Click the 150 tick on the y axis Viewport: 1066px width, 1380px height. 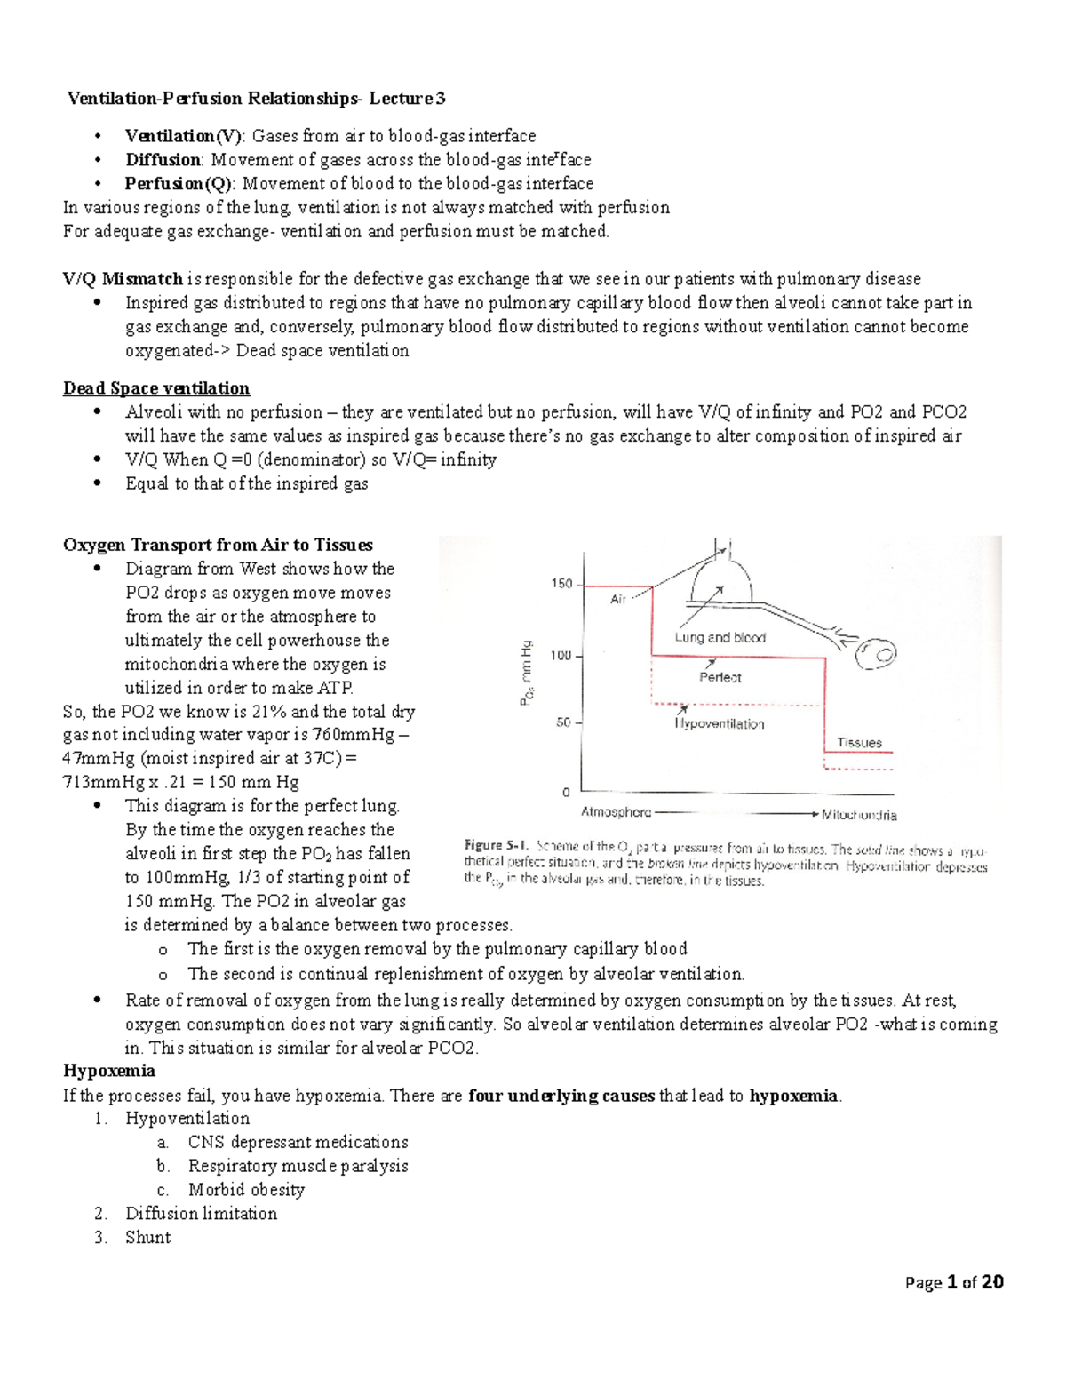click(x=562, y=584)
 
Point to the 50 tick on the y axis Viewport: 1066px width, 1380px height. click(x=564, y=722)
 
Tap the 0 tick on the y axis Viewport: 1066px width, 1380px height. click(x=567, y=791)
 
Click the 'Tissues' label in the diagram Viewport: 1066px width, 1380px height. click(x=858, y=743)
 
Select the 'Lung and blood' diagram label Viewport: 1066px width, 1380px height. click(x=720, y=637)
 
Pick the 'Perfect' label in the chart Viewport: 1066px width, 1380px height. click(x=720, y=677)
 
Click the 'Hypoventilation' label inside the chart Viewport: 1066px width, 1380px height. click(x=720, y=723)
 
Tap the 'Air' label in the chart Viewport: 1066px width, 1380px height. click(x=618, y=599)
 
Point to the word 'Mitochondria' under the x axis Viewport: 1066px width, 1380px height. click(x=859, y=814)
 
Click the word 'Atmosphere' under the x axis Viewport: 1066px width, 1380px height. click(x=616, y=812)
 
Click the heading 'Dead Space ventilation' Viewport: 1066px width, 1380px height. click(x=156, y=388)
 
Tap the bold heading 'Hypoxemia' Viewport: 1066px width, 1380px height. click(x=109, y=1071)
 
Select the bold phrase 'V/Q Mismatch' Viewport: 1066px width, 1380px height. click(x=123, y=279)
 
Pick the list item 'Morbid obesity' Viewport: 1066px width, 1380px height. click(x=246, y=1190)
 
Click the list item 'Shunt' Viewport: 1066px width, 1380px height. click(x=147, y=1237)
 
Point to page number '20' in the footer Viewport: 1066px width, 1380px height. click(x=992, y=1282)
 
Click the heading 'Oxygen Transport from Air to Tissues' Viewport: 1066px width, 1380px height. click(x=218, y=545)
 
